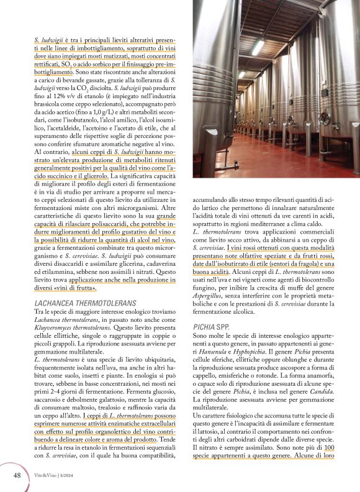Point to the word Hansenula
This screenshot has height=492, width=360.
(x=208, y=350)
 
